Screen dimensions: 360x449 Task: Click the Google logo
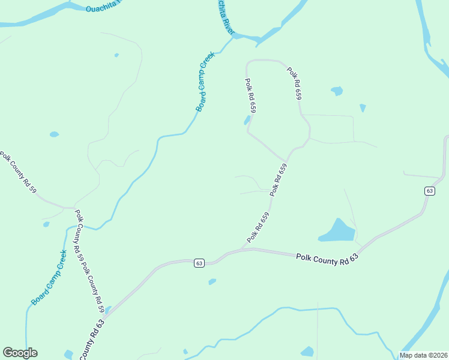pyautogui.click(x=20, y=353)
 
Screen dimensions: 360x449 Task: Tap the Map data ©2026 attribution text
pyautogui.click(x=423, y=355)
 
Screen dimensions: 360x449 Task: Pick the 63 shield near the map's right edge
pyautogui.click(x=429, y=191)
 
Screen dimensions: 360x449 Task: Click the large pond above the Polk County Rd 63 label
pyautogui.click(x=337, y=231)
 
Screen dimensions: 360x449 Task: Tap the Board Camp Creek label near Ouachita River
pyautogui.click(x=205, y=82)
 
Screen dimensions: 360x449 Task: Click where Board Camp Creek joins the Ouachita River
pyautogui.click(x=232, y=37)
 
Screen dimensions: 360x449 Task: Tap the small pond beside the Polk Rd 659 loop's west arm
pyautogui.click(x=247, y=121)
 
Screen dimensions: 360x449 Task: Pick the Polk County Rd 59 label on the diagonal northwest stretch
pyautogui.click(x=19, y=173)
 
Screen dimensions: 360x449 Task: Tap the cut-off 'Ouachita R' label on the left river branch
pyautogui.click(x=103, y=8)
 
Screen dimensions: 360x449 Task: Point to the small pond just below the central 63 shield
pyautogui.click(x=211, y=281)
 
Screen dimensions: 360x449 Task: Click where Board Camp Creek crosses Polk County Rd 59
pyautogui.click(x=76, y=227)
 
